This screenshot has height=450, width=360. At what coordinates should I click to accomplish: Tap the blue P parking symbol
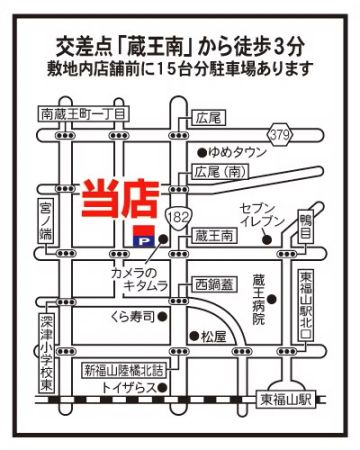pyautogui.click(x=143, y=240)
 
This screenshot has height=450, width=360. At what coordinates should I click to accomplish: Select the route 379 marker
pyautogui.click(x=281, y=133)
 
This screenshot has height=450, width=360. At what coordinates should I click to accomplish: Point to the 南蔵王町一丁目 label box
pyautogui.click(x=79, y=115)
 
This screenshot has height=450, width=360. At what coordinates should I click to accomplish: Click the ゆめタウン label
pyautogui.click(x=236, y=151)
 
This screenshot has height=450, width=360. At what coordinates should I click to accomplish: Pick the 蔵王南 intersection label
pyautogui.click(x=215, y=236)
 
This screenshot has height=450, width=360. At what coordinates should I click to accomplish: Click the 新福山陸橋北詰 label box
pyautogui.click(x=124, y=365)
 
